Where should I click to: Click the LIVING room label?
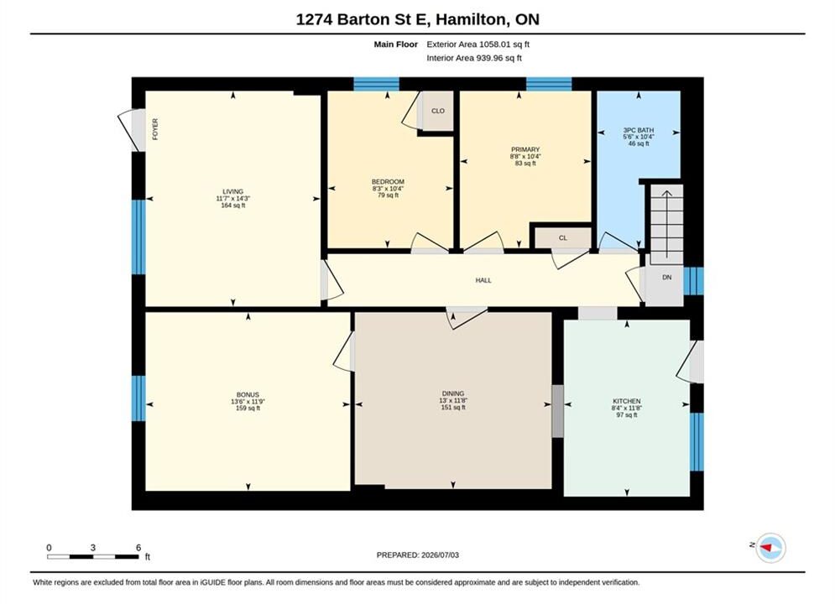(232, 191)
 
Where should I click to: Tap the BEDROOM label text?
(388, 181)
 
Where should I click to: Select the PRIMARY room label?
(525, 149)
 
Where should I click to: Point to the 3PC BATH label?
(639, 130)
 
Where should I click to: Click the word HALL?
(483, 280)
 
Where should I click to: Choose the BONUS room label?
(248, 395)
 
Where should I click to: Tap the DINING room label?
(452, 393)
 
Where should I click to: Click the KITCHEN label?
(627, 401)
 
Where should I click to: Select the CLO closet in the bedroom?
(438, 111)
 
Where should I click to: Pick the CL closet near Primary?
(563, 238)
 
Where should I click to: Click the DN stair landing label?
(666, 278)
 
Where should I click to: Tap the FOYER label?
(155, 129)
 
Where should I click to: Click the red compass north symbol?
(766, 547)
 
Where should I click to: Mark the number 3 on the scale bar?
(92, 548)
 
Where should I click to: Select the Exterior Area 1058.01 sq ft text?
(478, 44)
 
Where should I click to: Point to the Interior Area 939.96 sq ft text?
(474, 58)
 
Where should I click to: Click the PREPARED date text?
(418, 555)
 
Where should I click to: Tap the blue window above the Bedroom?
(377, 84)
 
